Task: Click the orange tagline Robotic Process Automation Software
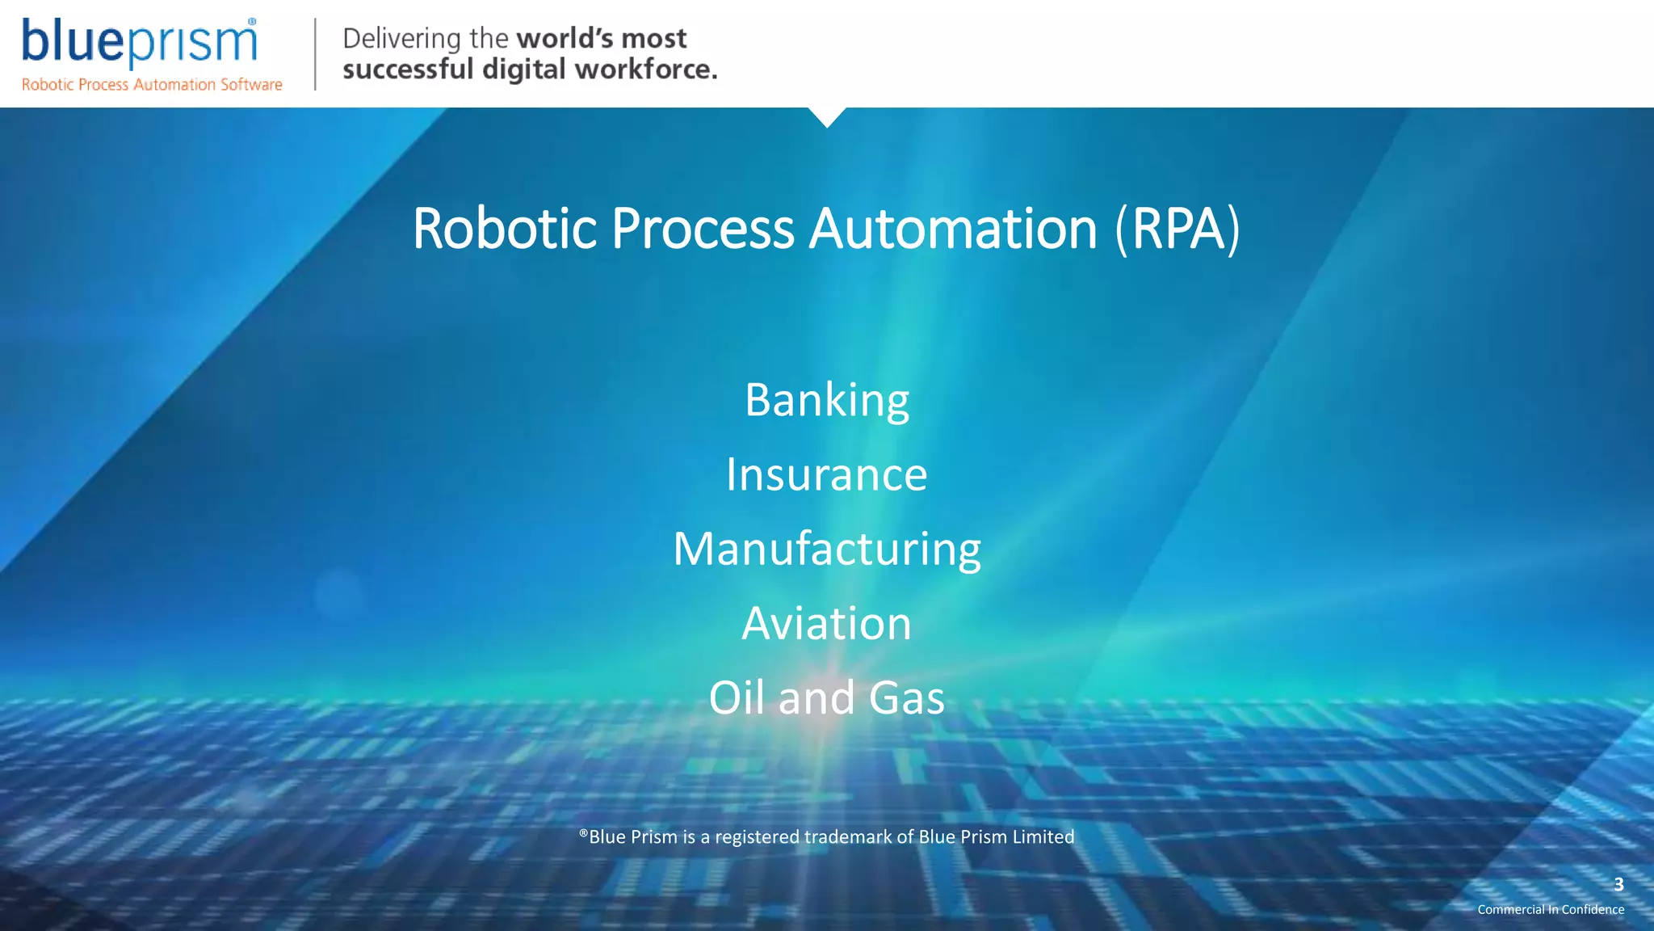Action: click(152, 85)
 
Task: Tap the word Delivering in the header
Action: click(401, 39)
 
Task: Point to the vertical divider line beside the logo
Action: click(315, 54)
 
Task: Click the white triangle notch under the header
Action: click(827, 116)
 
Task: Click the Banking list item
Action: click(827, 400)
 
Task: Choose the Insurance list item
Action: click(826, 474)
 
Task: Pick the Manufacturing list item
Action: click(827, 550)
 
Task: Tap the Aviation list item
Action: click(826, 624)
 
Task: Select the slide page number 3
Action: click(1618, 884)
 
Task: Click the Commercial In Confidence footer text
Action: click(1551, 910)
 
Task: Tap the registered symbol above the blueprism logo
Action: click(252, 22)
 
